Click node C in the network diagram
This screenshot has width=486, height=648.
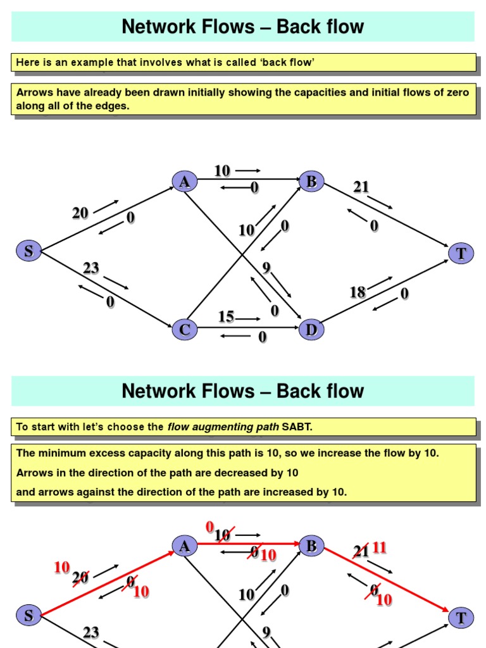click(x=184, y=330)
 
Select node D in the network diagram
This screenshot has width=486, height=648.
click(x=311, y=330)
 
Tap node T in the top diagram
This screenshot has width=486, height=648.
click(x=461, y=254)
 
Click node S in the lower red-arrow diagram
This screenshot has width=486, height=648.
click(x=28, y=615)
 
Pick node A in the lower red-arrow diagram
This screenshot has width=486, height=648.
click(x=184, y=546)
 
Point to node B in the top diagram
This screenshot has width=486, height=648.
click(x=311, y=182)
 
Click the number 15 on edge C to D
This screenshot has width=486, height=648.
click(x=226, y=316)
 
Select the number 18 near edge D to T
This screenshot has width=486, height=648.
click(x=358, y=292)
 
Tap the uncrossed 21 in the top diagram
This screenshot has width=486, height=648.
click(x=361, y=187)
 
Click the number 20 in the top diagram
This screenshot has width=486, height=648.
click(x=80, y=213)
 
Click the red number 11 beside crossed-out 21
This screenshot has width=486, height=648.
click(x=380, y=547)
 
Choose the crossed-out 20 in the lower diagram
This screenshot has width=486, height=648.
click(x=80, y=577)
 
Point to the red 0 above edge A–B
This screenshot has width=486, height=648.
click(x=210, y=527)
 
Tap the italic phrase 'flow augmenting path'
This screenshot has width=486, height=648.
click(x=222, y=427)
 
